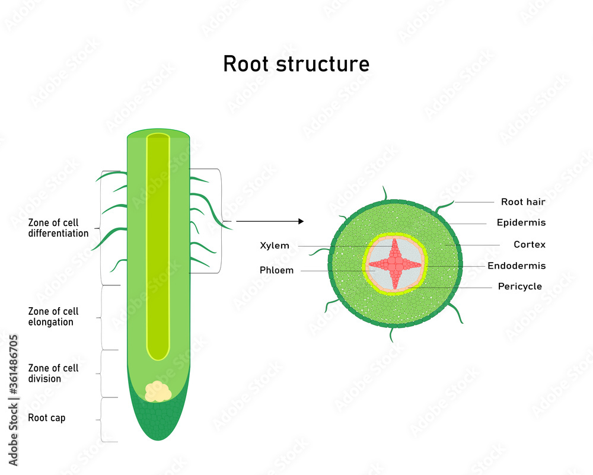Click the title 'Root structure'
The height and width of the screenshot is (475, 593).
pos(296,63)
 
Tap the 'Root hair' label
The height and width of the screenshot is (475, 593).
pos(522,202)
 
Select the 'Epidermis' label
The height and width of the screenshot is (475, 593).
pos(521,223)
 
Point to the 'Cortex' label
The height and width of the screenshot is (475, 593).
pos(529,244)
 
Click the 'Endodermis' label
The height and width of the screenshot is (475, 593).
pos(516,266)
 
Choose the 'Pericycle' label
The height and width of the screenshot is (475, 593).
pos(519,286)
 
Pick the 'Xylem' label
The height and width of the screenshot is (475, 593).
pos(275,246)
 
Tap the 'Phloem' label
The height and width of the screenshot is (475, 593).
pos(276,270)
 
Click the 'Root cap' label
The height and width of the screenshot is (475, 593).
pos(46,418)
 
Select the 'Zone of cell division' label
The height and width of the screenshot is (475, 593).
pos(53,374)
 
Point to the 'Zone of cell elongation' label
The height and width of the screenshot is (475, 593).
pos(53,317)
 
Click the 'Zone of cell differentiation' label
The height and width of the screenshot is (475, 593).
pos(58,228)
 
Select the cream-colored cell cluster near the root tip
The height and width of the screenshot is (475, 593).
pos(158,391)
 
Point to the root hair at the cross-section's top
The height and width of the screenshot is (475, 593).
pos(385,193)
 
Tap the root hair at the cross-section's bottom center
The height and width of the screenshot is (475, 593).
pos(391,334)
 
